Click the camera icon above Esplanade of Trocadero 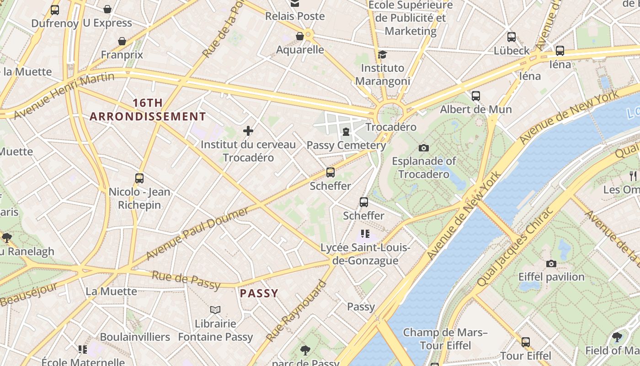424,148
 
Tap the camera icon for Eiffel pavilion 551,264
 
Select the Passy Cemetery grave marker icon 346,132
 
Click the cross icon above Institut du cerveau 248,131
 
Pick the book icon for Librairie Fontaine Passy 215,310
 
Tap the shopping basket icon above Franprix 122,42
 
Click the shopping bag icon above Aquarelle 300,36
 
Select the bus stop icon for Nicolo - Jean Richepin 139,178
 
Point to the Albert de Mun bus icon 476,96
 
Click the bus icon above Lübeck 512,37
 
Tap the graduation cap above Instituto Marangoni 382,55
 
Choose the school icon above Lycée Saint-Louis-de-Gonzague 365,234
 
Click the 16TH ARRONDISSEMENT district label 148,110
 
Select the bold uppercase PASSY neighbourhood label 259,293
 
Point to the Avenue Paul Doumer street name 197,232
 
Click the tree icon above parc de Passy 305,350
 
